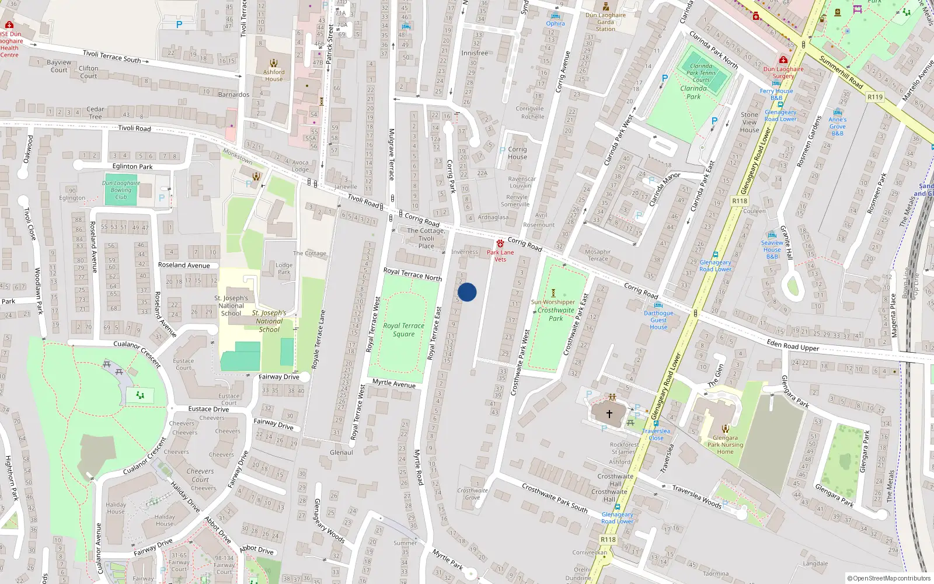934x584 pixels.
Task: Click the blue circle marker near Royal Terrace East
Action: click(467, 292)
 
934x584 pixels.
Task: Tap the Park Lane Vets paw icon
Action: click(500, 244)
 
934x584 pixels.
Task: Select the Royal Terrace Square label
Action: click(404, 330)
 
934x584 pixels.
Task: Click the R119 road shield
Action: click(874, 97)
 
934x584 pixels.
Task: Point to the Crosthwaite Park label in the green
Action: click(556, 314)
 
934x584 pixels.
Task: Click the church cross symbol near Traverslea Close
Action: click(609, 413)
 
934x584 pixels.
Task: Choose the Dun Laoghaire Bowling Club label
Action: click(121, 190)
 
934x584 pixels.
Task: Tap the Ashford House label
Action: click(274, 76)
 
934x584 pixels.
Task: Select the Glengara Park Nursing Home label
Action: click(725, 444)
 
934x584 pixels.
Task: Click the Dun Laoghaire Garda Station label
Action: click(605, 22)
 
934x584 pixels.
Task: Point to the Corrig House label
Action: click(517, 153)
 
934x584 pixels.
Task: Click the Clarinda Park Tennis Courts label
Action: click(700, 73)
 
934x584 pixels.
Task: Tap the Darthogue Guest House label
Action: click(658, 320)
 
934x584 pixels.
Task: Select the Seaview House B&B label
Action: click(772, 249)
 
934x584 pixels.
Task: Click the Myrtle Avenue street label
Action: click(394, 383)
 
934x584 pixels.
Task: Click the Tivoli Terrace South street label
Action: click(111, 56)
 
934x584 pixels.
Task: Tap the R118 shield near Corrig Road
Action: click(739, 201)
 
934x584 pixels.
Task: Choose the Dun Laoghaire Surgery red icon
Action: click(783, 60)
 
